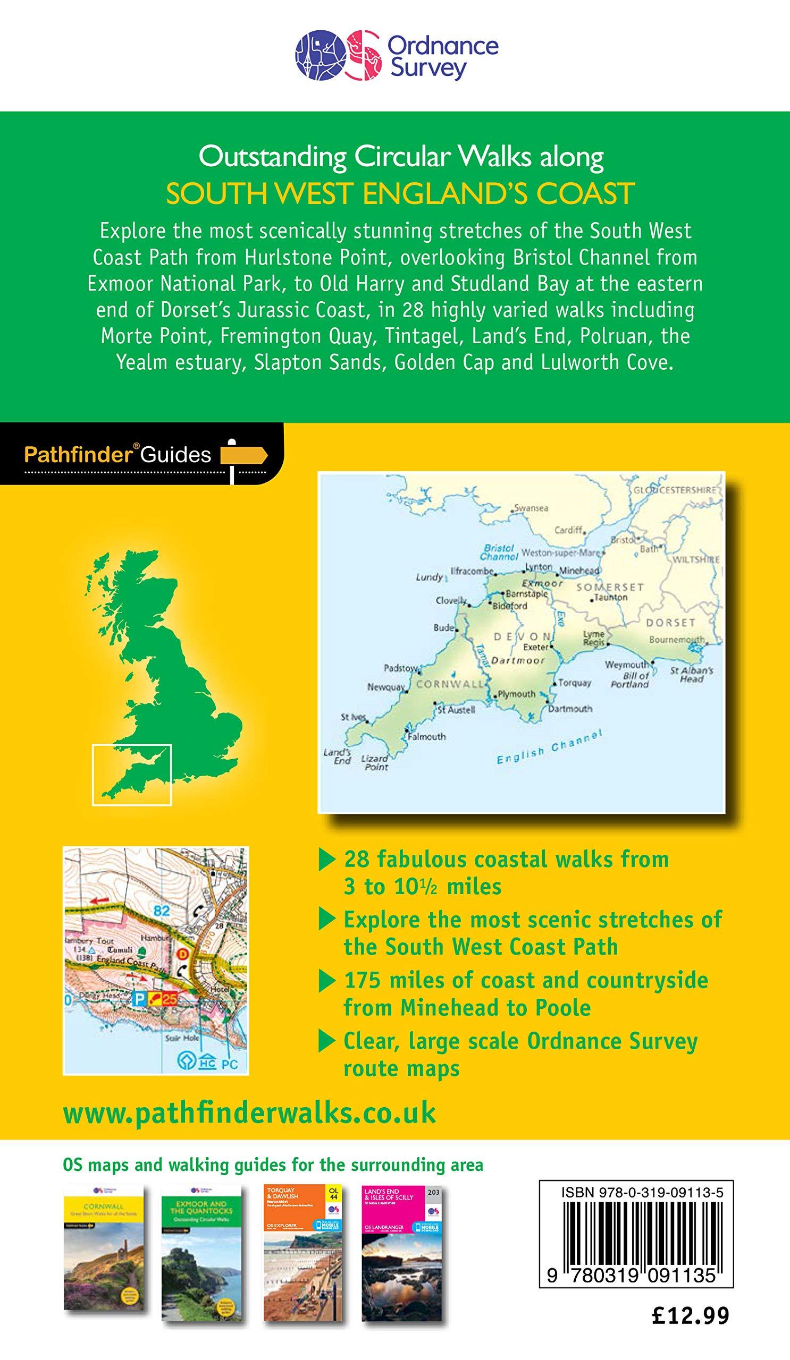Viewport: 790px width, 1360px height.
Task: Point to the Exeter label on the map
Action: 536,647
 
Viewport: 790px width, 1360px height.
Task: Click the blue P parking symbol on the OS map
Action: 139,999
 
